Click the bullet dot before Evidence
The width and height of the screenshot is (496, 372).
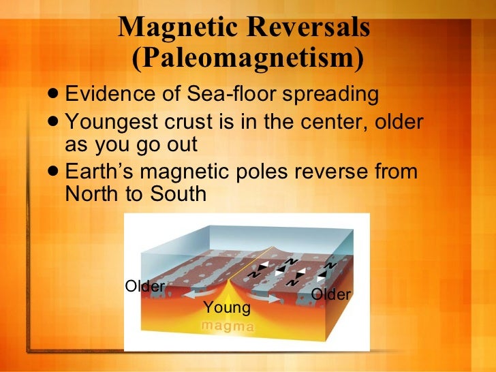point(53,95)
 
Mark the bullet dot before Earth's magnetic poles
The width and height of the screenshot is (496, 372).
point(53,172)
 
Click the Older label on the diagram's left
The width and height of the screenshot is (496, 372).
point(144,286)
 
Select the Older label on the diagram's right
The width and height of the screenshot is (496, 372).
point(330,294)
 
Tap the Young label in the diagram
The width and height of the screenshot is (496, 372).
point(227,308)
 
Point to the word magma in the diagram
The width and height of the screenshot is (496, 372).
point(228,326)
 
